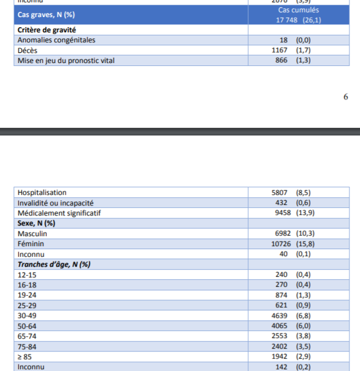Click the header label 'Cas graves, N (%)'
45,15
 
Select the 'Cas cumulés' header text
298,10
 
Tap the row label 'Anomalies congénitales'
56,40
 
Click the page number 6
346,97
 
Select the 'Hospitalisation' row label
42,193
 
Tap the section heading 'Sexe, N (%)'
36,223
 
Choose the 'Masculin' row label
32,234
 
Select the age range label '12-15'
26,274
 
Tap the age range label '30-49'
27,316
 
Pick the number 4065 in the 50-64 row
279,326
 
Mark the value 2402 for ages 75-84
279,346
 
